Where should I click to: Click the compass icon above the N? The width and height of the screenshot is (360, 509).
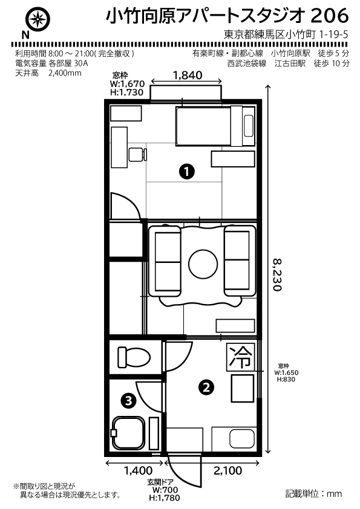pyautogui.click(x=39, y=19)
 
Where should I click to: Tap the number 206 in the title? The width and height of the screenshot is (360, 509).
pyautogui.click(x=329, y=16)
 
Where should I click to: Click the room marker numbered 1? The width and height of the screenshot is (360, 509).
pyautogui.click(x=187, y=171)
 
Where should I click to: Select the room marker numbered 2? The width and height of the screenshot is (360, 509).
pyautogui.click(x=206, y=387)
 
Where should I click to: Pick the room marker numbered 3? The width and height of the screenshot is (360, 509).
pyautogui.click(x=128, y=400)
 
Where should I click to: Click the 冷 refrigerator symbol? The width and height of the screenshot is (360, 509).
pyautogui.click(x=241, y=357)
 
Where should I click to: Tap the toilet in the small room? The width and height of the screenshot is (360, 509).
pyautogui.click(x=134, y=357)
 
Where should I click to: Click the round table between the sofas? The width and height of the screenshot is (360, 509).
pyautogui.click(x=203, y=264)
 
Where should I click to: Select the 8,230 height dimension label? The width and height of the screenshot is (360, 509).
pyautogui.click(x=277, y=274)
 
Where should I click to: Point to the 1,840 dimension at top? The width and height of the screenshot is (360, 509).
pyautogui.click(x=188, y=76)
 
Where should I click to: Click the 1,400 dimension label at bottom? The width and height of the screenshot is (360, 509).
pyautogui.click(x=139, y=470)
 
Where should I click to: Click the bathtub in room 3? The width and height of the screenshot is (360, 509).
pyautogui.click(x=128, y=433)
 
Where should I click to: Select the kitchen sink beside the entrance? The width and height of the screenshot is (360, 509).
pyautogui.click(x=242, y=438)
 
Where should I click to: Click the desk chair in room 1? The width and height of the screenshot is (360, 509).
pyautogui.click(x=138, y=155)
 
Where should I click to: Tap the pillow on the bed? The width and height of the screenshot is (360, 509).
pyautogui.click(x=249, y=126)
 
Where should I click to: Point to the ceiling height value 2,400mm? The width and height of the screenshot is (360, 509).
pyautogui.click(x=65, y=73)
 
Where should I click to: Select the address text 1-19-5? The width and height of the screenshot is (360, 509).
pyautogui.click(x=334, y=34)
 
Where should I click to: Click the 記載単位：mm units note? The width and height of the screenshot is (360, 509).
pyautogui.click(x=313, y=494)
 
